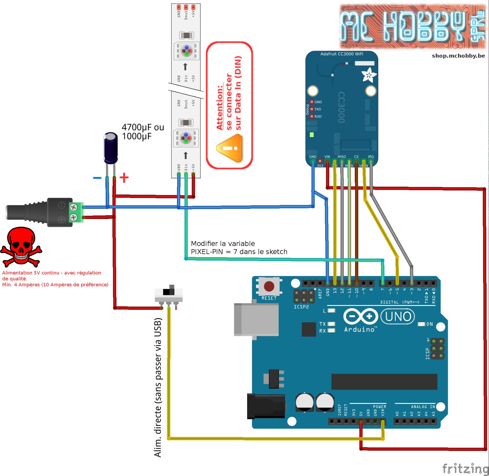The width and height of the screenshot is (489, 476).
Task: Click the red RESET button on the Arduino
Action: [269, 287]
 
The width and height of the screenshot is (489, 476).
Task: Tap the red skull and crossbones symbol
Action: [21, 247]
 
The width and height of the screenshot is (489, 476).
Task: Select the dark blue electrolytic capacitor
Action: [111, 148]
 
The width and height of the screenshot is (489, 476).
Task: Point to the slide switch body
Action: [168, 294]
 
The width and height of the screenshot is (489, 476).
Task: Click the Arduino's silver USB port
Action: [256, 320]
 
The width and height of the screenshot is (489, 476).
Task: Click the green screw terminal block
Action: [76, 212]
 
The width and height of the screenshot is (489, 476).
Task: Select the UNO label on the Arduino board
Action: [398, 317]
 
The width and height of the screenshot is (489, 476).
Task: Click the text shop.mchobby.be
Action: [458, 56]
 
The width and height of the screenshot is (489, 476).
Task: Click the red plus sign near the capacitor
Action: [124, 178]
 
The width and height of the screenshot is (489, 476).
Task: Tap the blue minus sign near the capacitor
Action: [97, 178]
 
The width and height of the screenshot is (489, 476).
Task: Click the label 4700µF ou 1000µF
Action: [142, 132]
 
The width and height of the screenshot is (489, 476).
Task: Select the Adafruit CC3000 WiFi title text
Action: [342, 54]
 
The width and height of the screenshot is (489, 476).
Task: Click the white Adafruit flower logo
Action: [369, 75]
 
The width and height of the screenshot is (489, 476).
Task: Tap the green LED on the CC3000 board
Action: [311, 135]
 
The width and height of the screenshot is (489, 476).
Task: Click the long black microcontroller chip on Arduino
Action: [384, 381]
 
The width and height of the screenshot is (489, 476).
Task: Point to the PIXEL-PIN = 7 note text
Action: [239, 252]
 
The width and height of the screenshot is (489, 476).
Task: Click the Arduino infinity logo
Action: [361, 316]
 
